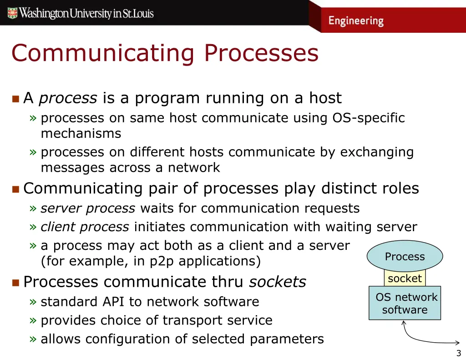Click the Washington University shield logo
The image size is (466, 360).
coord(12,13)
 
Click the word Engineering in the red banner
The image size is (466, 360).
coord(356,21)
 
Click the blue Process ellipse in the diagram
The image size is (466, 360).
coord(405,256)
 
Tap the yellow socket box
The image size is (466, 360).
coord(405,278)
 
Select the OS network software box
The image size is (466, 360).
coord(405,304)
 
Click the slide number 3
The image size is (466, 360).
coord(458,353)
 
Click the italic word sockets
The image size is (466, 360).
coord(278,282)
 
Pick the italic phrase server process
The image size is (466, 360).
coord(88,208)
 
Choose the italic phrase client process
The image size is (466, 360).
coord(85,227)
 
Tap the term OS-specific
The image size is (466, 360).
coord(369,118)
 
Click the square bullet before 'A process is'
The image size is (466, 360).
coord(15,98)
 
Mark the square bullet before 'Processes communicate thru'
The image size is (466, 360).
coord(15,283)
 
